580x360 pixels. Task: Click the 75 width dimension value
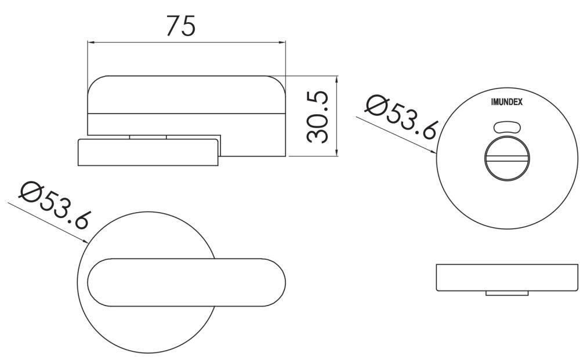180,26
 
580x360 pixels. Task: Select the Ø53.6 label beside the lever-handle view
55,206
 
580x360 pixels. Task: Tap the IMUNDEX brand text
507,102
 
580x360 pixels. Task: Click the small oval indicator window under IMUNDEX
507,127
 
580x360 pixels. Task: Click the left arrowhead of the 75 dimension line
90,42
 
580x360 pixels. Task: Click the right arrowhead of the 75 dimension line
282,42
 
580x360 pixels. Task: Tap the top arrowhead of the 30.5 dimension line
336,79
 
